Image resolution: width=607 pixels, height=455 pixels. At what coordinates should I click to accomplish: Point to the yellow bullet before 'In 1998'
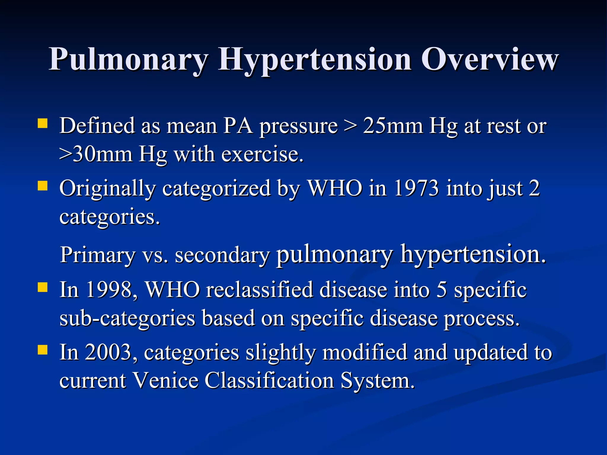[43, 287]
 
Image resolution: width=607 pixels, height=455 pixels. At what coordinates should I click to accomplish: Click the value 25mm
[393, 126]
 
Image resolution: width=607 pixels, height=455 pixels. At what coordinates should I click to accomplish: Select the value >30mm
[96, 154]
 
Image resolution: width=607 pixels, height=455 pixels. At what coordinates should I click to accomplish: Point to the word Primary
[98, 255]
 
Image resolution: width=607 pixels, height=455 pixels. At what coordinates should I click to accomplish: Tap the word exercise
[262, 154]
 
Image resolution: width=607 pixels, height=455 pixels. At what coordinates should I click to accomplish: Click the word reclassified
[259, 289]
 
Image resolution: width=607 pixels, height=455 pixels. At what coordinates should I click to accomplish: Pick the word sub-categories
[127, 318]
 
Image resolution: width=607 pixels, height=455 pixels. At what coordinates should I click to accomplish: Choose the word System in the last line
[377, 381]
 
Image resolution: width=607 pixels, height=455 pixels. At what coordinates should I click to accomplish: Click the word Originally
[107, 189]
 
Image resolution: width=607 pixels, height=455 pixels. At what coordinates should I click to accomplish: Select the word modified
[365, 352]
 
